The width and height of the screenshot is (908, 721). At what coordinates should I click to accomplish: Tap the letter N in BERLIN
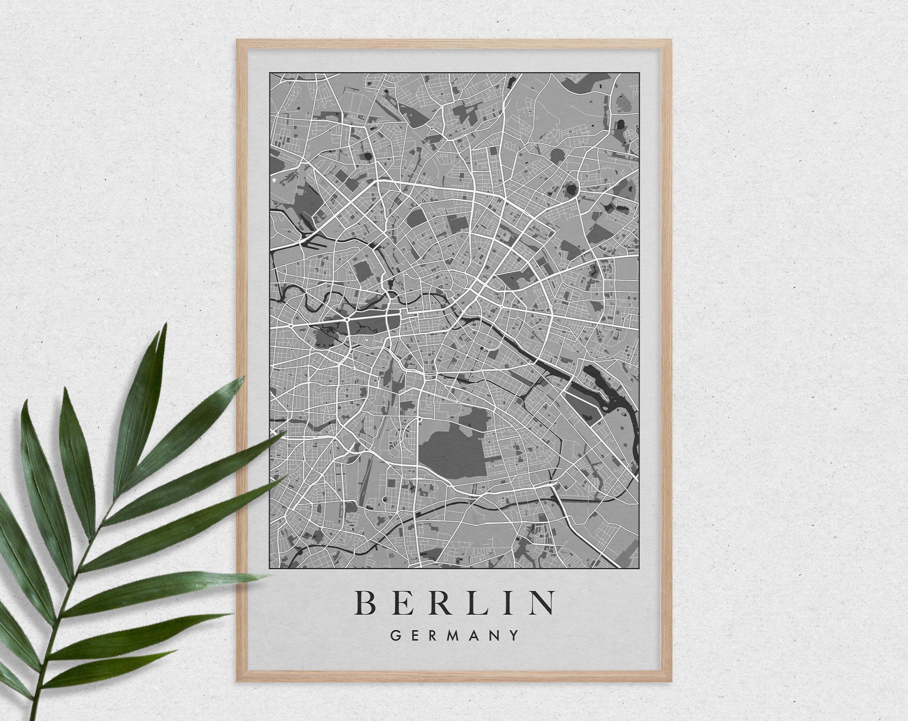tap(541, 602)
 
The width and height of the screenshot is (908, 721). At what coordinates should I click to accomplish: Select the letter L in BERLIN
tap(473, 602)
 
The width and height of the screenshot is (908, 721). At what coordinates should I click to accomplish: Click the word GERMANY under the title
tap(454, 635)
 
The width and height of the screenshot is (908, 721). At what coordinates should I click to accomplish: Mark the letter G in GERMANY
tap(395, 635)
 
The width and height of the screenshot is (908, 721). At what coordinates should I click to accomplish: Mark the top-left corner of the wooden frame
tap(237, 40)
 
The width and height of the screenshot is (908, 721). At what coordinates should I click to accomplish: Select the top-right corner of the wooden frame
tap(671, 40)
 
